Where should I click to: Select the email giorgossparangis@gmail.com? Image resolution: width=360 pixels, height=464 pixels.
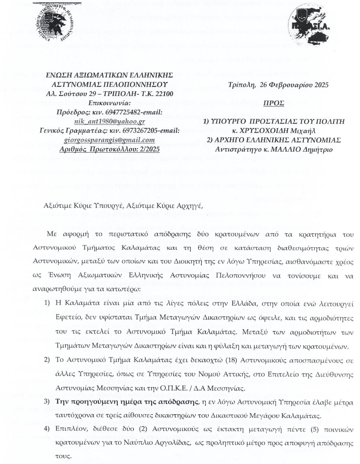[109, 140]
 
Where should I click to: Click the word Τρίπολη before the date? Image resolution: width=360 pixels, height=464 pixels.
[242, 85]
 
